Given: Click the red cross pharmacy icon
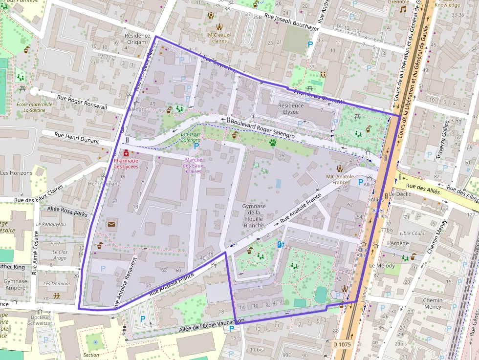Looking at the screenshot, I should tap(126, 153).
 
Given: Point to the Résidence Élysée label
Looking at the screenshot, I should tap(290, 108).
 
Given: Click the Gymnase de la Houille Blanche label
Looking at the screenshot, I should tap(254, 216).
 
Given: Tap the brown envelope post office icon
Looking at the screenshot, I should tap(111, 224).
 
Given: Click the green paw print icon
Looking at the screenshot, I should tap(272, 143).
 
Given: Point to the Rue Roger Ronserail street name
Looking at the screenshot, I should tap(82, 102).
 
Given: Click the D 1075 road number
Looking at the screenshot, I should tap(342, 344).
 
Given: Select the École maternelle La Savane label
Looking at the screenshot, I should tap(34, 107).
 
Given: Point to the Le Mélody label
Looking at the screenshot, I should tap(379, 265).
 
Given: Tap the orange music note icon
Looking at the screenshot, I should tap(403, 9).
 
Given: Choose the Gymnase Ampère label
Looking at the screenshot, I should tap(15, 284).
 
